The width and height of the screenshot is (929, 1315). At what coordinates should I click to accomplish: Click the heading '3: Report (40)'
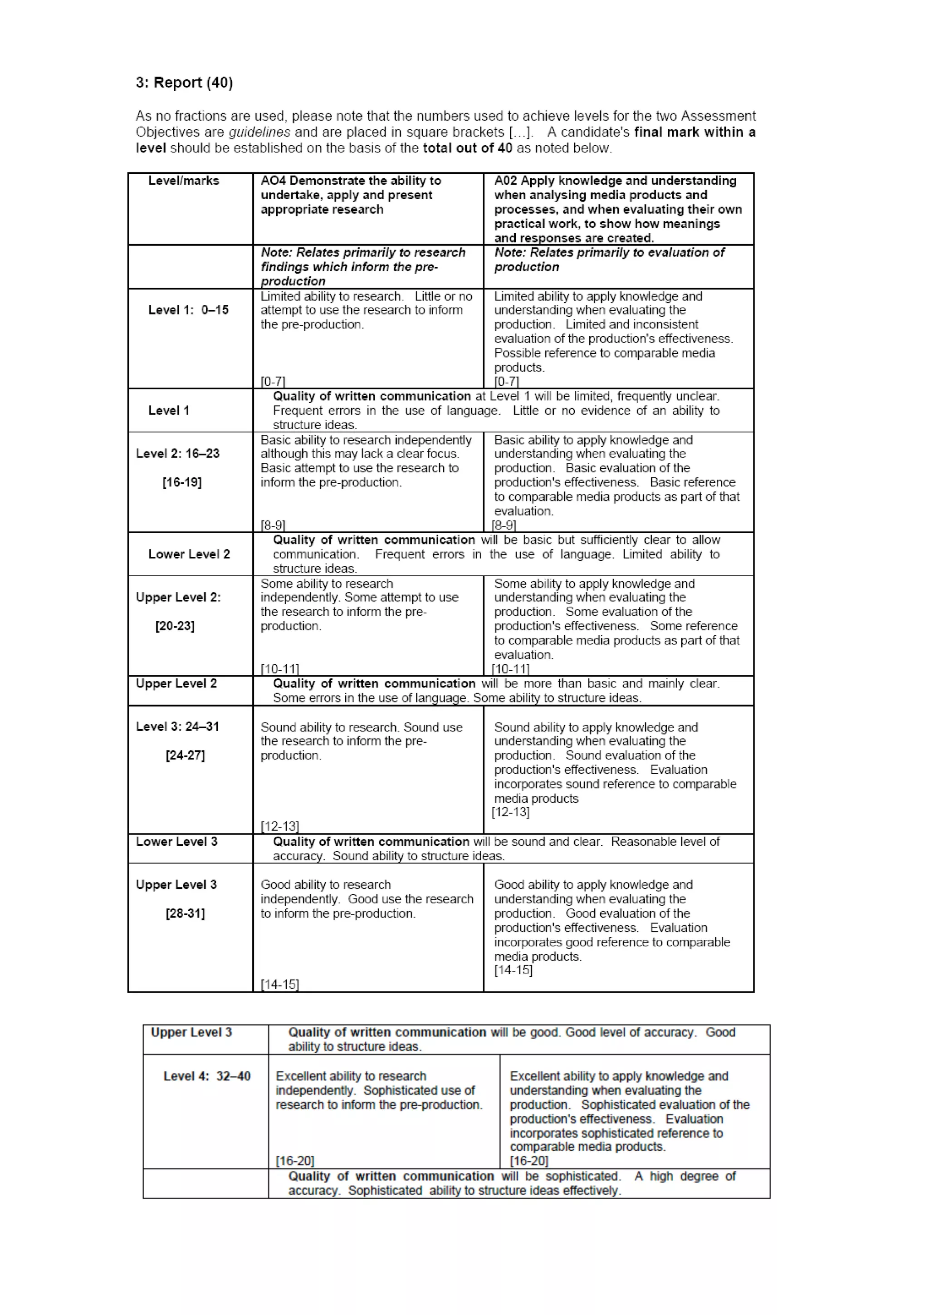pyautogui.click(x=184, y=83)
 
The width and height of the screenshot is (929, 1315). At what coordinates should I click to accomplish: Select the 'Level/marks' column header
pyautogui.click(x=183, y=181)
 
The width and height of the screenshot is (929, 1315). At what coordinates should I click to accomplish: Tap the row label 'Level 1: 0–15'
pyautogui.click(x=188, y=310)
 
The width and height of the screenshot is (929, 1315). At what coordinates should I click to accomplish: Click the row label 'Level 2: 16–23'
pyautogui.click(x=177, y=454)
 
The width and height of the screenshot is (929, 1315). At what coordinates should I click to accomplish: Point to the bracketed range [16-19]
pyautogui.click(x=181, y=483)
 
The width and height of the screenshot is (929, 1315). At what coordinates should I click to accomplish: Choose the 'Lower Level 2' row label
pyautogui.click(x=189, y=554)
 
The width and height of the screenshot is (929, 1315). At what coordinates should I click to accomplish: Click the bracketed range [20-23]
pyautogui.click(x=175, y=627)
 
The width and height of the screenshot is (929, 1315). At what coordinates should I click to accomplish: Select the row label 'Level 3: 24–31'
pyautogui.click(x=177, y=727)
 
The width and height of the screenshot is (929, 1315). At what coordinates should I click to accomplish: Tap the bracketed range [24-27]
pyautogui.click(x=185, y=756)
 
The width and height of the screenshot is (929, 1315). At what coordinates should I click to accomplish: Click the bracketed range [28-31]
pyautogui.click(x=185, y=913)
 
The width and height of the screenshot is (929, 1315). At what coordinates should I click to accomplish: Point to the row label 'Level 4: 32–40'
pyautogui.click(x=207, y=1076)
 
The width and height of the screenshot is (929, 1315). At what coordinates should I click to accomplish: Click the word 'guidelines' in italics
pyautogui.click(x=259, y=132)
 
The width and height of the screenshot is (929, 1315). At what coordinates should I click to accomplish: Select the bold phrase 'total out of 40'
pyautogui.click(x=467, y=148)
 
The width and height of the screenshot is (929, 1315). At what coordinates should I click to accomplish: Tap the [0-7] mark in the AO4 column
pyautogui.click(x=273, y=382)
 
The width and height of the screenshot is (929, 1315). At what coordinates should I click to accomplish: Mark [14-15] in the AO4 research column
pyautogui.click(x=279, y=985)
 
